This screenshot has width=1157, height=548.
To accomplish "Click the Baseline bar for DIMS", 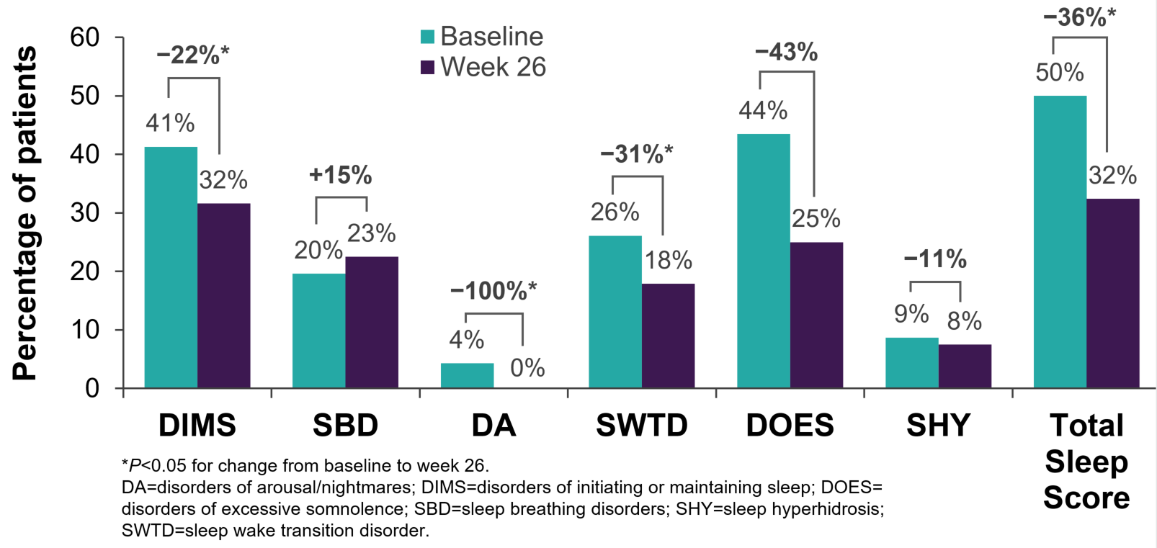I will coord(171,268).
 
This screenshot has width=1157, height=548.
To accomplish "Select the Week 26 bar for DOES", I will coord(816,315).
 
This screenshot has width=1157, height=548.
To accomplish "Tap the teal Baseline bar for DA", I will coord(467,376).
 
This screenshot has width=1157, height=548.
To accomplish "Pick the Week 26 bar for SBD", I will coord(372,323).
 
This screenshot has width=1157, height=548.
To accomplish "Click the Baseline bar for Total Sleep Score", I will coord(1060,242).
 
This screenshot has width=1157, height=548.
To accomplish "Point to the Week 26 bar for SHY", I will coord(965,367).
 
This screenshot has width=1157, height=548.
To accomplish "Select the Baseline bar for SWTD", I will coord(615,312).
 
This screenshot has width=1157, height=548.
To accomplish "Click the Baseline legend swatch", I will coord(427,37).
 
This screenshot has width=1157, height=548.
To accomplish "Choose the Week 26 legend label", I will coord(493,67).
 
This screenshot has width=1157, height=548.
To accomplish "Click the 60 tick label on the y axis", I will coord(85,37).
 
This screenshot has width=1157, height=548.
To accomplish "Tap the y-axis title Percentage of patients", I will coord(24,213).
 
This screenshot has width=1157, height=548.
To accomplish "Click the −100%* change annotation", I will coord(493,291).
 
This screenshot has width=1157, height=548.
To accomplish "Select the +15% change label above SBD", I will coord(340,175).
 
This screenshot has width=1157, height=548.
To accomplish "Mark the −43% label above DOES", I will coord(786,53).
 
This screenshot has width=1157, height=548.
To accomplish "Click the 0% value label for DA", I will coord(527,368).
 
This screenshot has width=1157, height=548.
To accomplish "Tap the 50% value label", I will coord(1059,72).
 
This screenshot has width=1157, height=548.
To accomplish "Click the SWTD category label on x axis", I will coord(641,426).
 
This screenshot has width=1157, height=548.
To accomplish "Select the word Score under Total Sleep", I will coord(1086,498).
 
